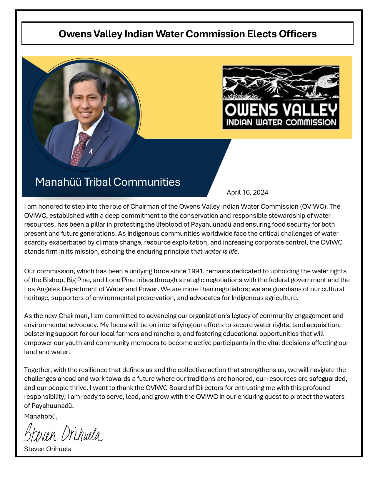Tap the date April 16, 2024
247,193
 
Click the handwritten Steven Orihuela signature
63,433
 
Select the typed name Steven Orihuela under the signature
48,449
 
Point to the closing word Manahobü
41,416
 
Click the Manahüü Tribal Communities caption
108,182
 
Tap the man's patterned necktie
80,148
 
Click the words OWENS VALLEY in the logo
281,110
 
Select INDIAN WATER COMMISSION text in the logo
281,122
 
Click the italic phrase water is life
221,252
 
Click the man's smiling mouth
85,113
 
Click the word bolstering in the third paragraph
39,334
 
